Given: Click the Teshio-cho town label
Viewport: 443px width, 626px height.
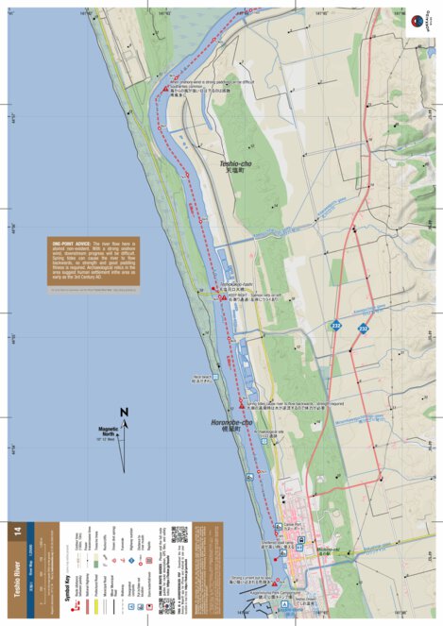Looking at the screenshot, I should [x=240, y=167].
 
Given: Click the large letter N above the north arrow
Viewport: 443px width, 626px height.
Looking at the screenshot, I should [x=124, y=412].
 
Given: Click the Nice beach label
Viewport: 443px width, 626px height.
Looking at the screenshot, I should [x=190, y=379].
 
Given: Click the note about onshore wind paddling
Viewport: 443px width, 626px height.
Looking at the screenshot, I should [x=214, y=89].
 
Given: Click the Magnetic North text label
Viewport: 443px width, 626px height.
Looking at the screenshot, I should [x=106, y=432].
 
